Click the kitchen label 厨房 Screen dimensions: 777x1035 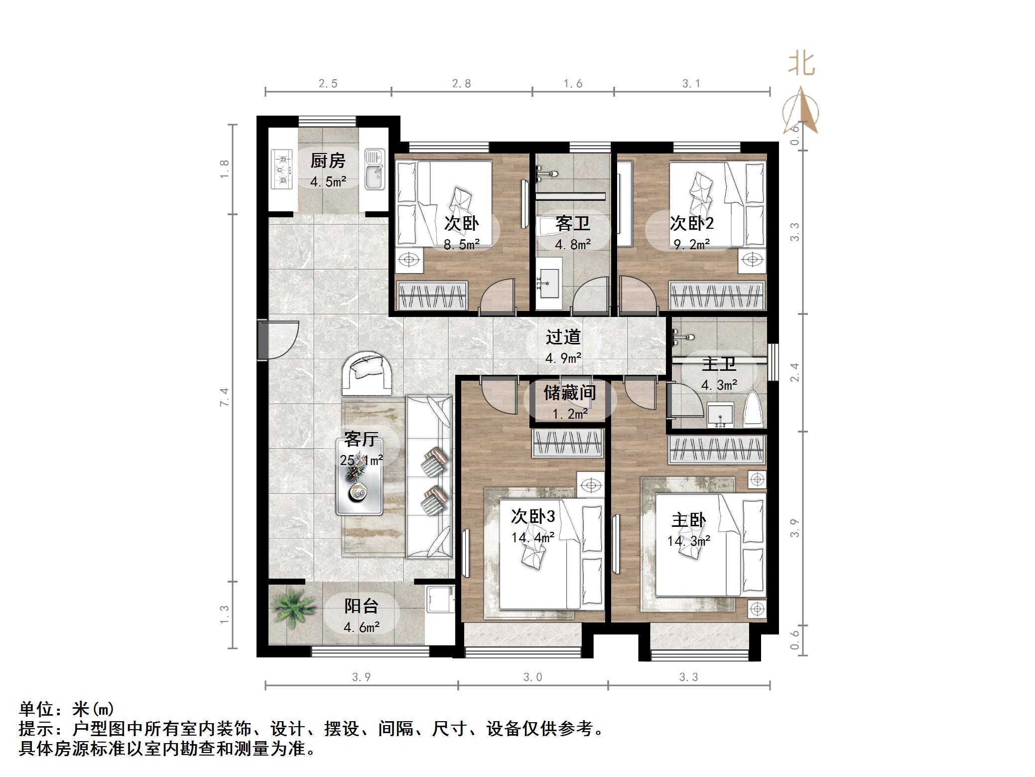(327, 161)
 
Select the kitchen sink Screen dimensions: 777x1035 (375, 169)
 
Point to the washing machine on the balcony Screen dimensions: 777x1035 (440, 598)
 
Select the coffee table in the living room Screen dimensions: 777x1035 (359, 477)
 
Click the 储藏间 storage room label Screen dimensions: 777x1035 (569, 393)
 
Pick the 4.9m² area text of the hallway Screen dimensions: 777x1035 (563, 358)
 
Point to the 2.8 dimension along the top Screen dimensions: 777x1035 (461, 84)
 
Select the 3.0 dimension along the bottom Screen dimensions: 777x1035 (532, 677)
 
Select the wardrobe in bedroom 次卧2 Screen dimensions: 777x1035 (716, 295)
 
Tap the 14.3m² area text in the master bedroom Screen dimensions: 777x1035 (688, 541)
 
